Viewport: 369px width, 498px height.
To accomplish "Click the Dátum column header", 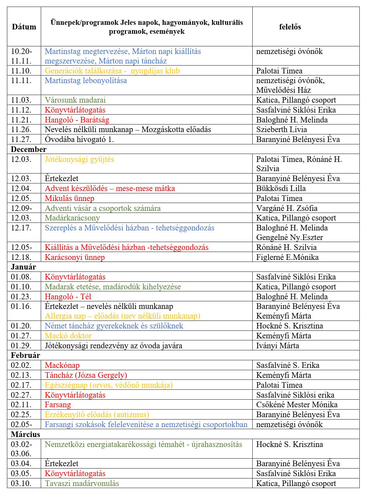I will [24, 27].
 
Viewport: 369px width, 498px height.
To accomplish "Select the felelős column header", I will [290, 27].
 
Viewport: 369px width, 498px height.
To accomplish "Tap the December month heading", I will [29, 149].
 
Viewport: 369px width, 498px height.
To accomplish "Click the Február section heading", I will [26, 355].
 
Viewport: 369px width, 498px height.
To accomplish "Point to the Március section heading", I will [26, 434].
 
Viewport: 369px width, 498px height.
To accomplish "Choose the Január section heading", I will [23, 267].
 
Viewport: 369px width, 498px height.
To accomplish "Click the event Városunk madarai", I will [75, 100].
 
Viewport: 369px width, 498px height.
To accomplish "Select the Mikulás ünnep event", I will [70, 198].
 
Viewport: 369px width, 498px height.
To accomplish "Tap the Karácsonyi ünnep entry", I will [75, 257].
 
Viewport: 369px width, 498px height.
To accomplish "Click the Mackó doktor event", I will [68, 336].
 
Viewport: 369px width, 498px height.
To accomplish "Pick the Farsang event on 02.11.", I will [58, 405].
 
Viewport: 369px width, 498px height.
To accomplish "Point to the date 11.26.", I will [21, 129].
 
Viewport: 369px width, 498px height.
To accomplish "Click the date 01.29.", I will [21, 346].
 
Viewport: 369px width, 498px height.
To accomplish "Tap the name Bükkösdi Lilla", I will [281, 188].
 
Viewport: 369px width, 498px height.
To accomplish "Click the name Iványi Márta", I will [277, 346].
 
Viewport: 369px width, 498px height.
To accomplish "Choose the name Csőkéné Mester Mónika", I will [297, 405].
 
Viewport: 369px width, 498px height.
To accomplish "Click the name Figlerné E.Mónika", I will [287, 257].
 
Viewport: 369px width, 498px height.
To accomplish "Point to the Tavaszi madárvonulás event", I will [82, 483].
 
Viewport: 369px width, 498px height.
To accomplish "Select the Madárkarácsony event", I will [72, 218].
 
